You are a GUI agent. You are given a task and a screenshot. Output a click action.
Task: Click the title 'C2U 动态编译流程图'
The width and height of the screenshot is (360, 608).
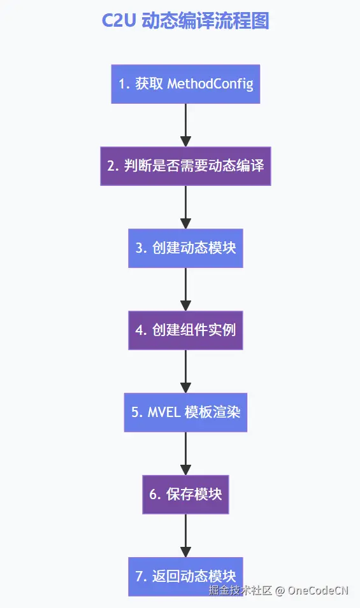pyautogui.click(x=185, y=21)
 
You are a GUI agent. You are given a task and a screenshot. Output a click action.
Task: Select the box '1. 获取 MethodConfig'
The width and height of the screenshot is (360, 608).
pyautogui.click(x=185, y=84)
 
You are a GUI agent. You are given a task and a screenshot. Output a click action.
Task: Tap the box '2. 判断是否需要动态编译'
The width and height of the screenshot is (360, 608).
pyautogui.click(x=185, y=166)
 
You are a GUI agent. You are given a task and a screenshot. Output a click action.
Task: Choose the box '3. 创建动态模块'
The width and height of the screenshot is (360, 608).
pyautogui.click(x=185, y=248)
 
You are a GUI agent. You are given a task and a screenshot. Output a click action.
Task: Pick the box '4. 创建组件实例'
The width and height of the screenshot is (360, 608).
pyautogui.click(x=185, y=330)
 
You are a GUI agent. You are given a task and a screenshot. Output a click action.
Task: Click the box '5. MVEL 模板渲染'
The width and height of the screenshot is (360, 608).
pyautogui.click(x=185, y=412)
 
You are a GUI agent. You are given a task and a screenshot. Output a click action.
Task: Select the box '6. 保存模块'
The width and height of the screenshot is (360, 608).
pyautogui.click(x=185, y=494)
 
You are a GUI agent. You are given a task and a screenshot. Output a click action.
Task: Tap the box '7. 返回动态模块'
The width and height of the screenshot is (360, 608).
pyautogui.click(x=185, y=576)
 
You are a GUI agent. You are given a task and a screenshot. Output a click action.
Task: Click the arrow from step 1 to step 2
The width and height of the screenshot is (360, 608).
pyautogui.click(x=185, y=125)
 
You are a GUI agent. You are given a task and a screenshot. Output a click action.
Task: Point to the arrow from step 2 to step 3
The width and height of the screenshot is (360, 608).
pyautogui.click(x=185, y=207)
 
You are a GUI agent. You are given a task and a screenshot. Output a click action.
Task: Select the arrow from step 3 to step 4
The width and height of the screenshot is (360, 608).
pyautogui.click(x=185, y=289)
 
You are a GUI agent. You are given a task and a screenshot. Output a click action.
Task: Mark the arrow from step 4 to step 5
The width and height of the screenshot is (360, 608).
pyautogui.click(x=185, y=371)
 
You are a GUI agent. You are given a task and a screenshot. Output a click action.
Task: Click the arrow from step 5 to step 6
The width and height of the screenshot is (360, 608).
pyautogui.click(x=185, y=453)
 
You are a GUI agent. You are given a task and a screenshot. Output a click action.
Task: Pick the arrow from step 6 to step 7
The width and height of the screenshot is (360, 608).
pyautogui.click(x=185, y=535)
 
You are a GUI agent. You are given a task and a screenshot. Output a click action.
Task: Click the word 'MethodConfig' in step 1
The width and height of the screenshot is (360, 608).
pyautogui.click(x=210, y=84)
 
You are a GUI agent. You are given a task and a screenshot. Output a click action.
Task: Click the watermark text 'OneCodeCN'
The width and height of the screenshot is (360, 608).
pyautogui.click(x=318, y=590)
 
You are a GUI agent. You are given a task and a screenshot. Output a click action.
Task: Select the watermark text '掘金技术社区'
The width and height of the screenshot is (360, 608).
pyautogui.click(x=240, y=590)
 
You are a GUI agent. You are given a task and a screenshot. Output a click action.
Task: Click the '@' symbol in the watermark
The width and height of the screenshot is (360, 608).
pyautogui.click(x=279, y=590)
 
